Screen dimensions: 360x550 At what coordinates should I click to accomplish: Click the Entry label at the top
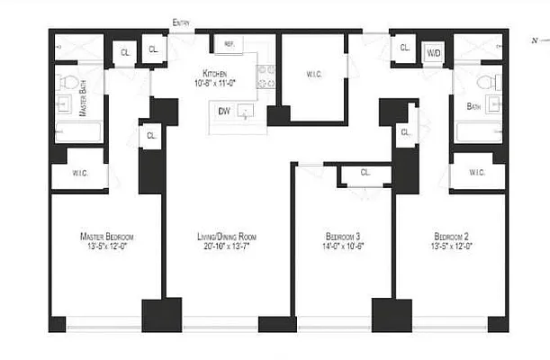(x=181, y=23)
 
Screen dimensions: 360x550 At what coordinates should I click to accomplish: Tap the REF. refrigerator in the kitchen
(x=229, y=44)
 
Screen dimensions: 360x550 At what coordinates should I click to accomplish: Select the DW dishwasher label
(x=222, y=111)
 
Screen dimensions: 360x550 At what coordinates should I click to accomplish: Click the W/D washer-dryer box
(x=434, y=53)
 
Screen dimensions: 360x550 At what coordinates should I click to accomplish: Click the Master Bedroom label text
(x=106, y=236)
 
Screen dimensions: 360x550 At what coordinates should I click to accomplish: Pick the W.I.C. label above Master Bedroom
(x=78, y=173)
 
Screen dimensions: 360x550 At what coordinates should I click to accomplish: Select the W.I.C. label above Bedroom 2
(x=477, y=173)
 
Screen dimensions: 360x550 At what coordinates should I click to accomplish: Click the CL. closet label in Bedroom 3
(x=365, y=172)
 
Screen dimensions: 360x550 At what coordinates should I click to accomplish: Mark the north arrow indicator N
(x=538, y=40)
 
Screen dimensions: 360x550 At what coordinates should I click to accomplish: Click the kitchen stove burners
(x=266, y=77)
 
